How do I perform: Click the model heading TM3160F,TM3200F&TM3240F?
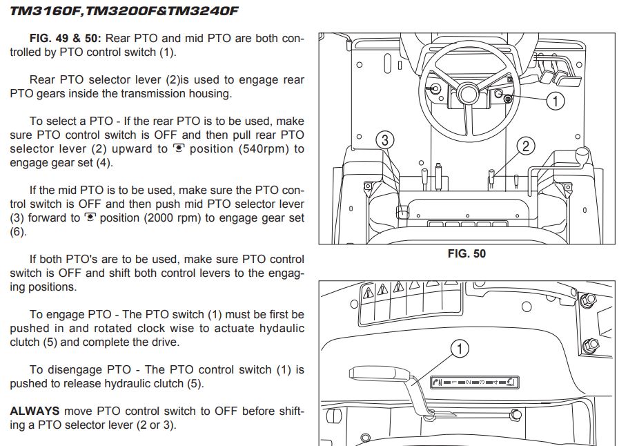124,10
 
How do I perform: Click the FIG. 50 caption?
467,253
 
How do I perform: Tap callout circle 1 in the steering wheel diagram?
556,101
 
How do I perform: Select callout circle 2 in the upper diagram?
526,146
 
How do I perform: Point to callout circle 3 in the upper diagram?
385,140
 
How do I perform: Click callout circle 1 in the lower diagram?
460,349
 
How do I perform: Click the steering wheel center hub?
467,94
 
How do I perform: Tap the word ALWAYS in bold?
35,411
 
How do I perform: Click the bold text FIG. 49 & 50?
66,39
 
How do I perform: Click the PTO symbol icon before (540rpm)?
178,148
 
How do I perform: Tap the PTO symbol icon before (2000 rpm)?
90,217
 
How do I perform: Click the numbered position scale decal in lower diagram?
475,382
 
